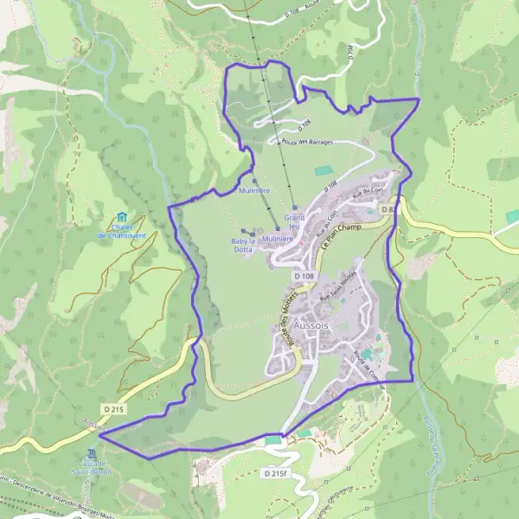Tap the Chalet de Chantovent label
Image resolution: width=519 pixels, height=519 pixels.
pyautogui.click(x=121, y=231)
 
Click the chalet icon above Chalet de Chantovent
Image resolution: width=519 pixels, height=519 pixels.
pyautogui.click(x=122, y=216)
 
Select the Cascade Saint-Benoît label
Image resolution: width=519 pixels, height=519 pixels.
pyautogui.click(x=93, y=467)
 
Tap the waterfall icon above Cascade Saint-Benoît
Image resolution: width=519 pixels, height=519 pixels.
pyautogui.click(x=93, y=452)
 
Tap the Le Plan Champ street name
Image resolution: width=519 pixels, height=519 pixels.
pyautogui.click(x=340, y=237)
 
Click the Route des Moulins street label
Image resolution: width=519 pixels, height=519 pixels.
pyautogui.click(x=285, y=317)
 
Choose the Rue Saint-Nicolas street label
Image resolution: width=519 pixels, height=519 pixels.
pyautogui.click(x=337, y=292)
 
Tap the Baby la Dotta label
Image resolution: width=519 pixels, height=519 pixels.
pyautogui.click(x=243, y=245)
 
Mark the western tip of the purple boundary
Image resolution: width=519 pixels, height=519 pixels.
pyautogui.click(x=99, y=436)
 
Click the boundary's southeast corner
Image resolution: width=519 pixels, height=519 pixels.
pyautogui.click(x=412, y=380)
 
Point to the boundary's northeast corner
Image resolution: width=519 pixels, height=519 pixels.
pyautogui.click(x=419, y=100)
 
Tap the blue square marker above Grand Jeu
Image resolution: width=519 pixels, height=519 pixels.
pyautogui.click(x=294, y=208)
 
